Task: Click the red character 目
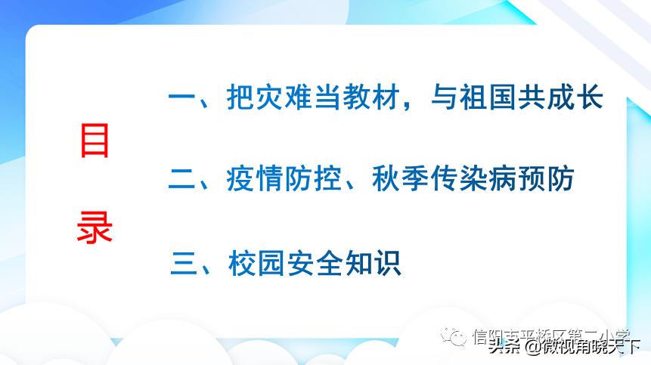coord(95,141)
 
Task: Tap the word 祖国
coord(479,98)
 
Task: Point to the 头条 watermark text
coord(504,347)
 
